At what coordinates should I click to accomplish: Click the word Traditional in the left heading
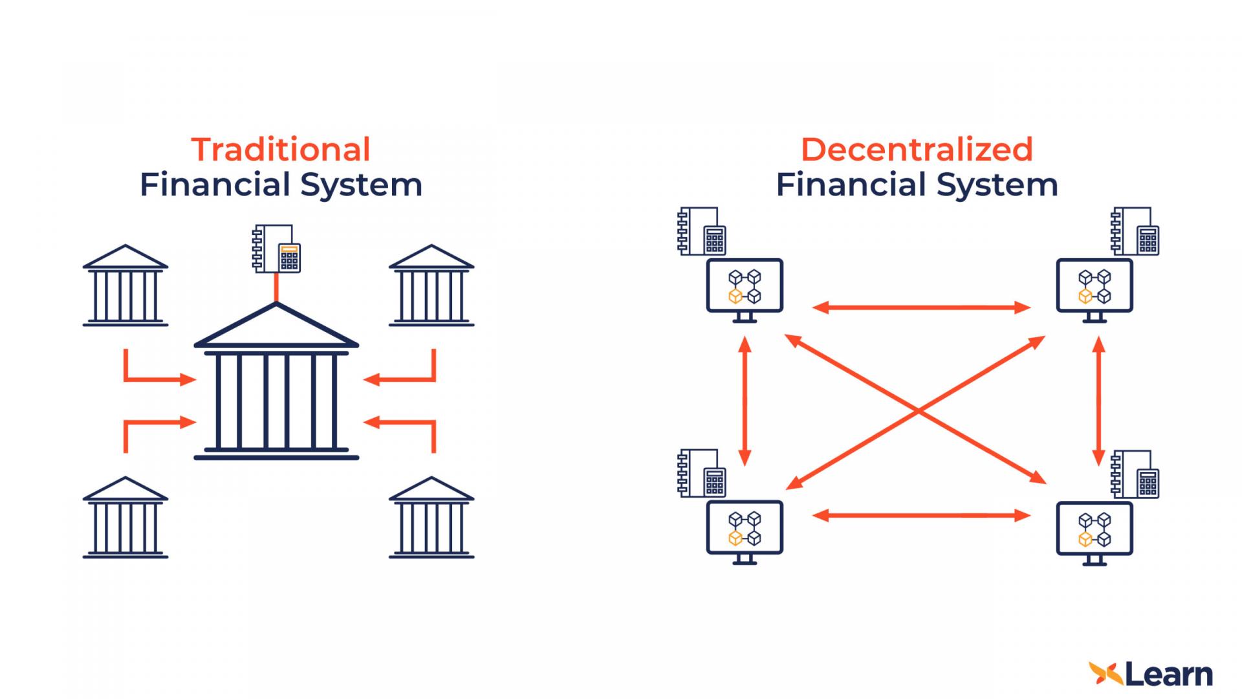click(281, 150)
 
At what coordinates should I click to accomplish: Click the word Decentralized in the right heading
click(917, 150)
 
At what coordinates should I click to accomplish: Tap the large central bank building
click(276, 388)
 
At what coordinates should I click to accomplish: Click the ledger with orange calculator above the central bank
click(278, 249)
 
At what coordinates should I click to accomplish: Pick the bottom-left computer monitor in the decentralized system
click(745, 529)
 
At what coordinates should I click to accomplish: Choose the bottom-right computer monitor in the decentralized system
click(1095, 529)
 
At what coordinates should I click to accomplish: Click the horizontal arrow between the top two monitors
click(921, 307)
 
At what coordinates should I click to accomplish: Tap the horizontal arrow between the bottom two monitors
click(921, 515)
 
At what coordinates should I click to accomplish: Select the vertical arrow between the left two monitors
click(745, 401)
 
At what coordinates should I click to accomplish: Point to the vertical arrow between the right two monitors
click(1098, 401)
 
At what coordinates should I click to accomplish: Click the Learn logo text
click(1168, 675)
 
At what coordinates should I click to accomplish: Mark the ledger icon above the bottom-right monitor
click(1135, 474)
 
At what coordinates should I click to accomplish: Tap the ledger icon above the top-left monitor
click(701, 232)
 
